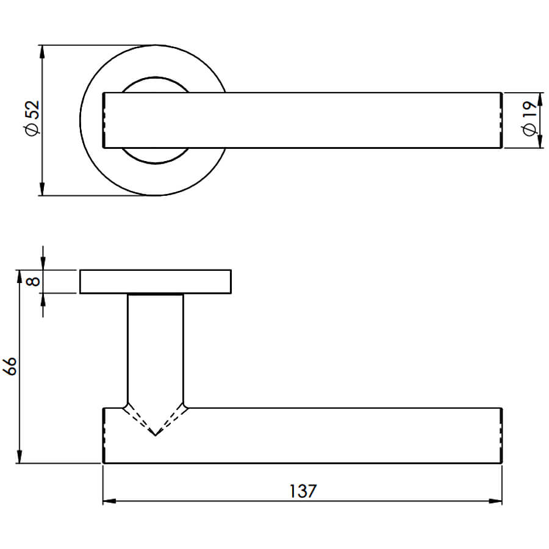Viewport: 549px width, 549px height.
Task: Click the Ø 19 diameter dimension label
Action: [529, 118]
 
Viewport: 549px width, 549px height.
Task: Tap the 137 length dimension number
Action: [303, 491]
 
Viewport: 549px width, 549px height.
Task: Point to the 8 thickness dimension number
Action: [34, 281]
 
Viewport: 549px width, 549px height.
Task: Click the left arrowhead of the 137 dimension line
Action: [109, 501]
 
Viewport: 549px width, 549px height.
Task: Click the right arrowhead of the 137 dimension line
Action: [495, 501]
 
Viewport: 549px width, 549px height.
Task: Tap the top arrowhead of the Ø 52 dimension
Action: [42, 51]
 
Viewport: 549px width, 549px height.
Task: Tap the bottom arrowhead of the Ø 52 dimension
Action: [42, 188]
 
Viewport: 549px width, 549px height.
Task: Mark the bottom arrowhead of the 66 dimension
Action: [20, 457]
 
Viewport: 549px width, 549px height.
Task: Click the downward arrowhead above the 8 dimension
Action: [43, 264]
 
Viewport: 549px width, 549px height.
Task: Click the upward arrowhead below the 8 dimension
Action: [43, 300]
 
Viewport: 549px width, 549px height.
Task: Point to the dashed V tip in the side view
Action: [155, 435]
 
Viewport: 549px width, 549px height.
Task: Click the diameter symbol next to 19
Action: [529, 129]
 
